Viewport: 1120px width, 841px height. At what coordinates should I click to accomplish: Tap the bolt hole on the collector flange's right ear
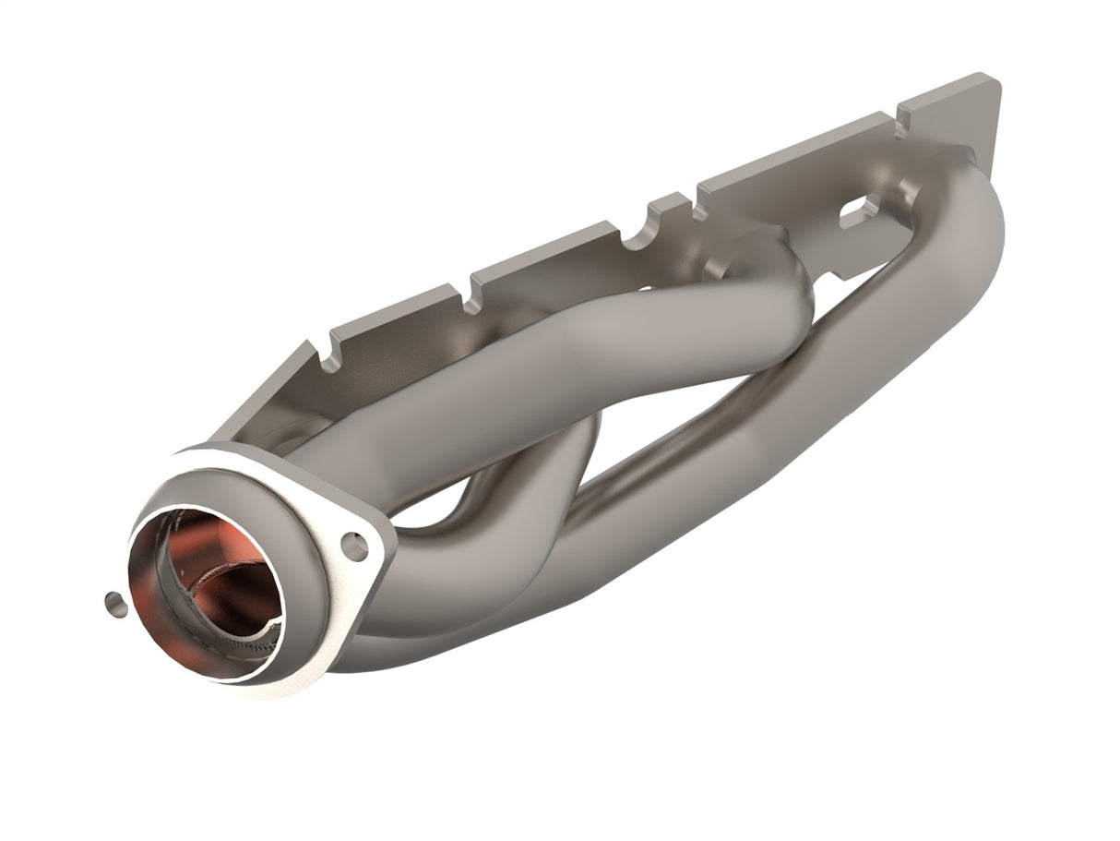pyautogui.click(x=354, y=546)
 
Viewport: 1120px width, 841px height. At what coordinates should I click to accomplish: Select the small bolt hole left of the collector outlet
pyautogui.click(x=113, y=604)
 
